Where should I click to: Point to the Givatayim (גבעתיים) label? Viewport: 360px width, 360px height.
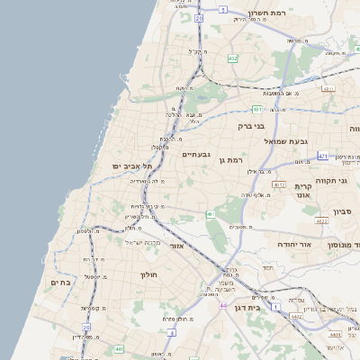coord(196,155)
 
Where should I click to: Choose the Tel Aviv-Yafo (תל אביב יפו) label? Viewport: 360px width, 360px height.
coord(132,166)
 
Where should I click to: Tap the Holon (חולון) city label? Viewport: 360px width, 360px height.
coord(148,274)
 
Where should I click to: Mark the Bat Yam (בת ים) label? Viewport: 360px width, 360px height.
coord(55,283)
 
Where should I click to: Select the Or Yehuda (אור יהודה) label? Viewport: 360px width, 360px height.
coord(317,244)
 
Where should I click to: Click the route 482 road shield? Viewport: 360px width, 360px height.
coord(233,58)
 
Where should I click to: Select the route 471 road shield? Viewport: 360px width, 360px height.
coord(322,157)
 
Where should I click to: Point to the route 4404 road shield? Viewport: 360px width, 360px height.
coord(335,335)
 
